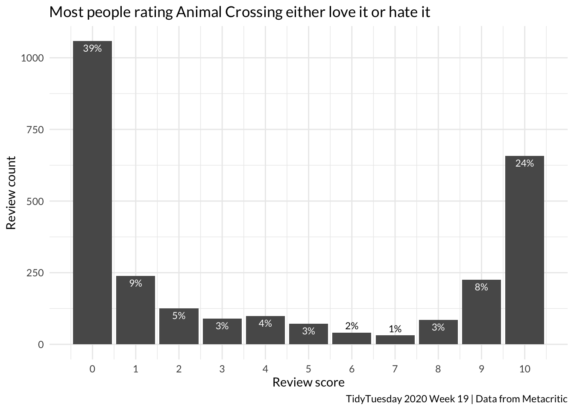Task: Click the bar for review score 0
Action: (92, 192)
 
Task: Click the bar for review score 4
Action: (265, 331)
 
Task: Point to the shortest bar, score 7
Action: (395, 340)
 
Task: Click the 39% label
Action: (92, 49)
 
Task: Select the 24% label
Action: (524, 164)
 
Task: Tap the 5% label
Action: (179, 316)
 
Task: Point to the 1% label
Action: (395, 329)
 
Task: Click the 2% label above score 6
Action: (351, 326)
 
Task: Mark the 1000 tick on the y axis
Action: (32, 58)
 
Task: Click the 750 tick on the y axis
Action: (35, 130)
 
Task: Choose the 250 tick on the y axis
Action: (35, 273)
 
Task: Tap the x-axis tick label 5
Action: (308, 369)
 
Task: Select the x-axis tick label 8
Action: (438, 369)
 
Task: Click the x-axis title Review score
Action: (308, 382)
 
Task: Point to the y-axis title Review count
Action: (11, 193)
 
